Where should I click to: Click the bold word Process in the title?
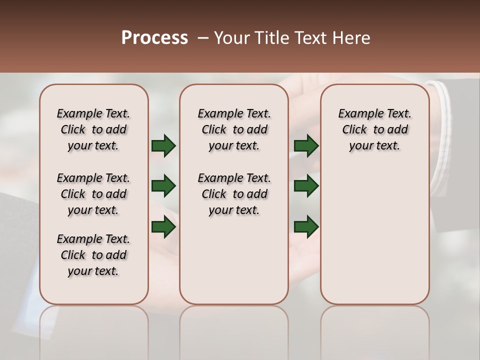click(x=154, y=38)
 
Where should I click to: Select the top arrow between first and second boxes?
click(x=163, y=146)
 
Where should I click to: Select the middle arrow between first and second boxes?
click(x=163, y=186)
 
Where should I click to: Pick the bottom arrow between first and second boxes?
click(x=163, y=227)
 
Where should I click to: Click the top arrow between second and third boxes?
click(x=306, y=146)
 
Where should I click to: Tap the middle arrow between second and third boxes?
click(x=306, y=186)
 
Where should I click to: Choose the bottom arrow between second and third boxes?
click(x=306, y=227)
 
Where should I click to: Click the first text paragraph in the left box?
click(x=93, y=129)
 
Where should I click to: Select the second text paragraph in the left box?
click(x=93, y=194)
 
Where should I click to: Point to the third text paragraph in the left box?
click(x=93, y=255)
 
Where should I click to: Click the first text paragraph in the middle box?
click(x=234, y=129)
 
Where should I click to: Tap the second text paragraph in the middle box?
click(x=234, y=194)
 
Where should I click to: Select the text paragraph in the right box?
click(x=374, y=129)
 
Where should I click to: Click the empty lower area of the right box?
click(x=374, y=235)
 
